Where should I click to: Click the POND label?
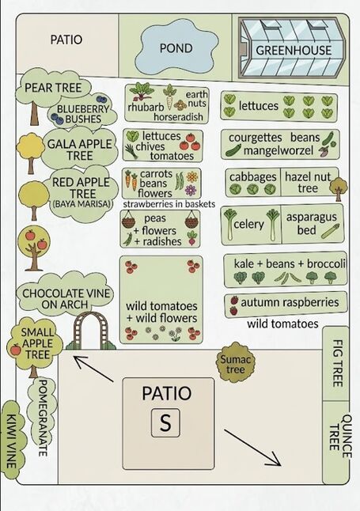point(176,48)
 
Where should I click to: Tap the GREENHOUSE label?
point(294,50)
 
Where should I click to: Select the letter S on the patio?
point(165,422)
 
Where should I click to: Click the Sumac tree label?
point(235,365)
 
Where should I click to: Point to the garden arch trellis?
point(91,330)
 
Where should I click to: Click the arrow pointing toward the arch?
point(93,369)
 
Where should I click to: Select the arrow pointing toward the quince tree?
point(252,448)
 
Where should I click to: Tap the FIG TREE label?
point(338,363)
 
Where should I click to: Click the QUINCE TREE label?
point(340,436)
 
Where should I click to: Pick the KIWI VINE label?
point(12,441)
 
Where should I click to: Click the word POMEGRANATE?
point(44,418)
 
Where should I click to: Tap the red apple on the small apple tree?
point(15,350)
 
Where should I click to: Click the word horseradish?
point(178,116)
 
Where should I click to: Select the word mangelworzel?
point(279,150)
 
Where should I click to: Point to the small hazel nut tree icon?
point(338,189)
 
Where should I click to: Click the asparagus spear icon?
point(330,231)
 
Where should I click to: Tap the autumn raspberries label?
point(290,302)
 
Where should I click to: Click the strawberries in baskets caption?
point(169,204)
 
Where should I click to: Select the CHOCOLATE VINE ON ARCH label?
point(66,298)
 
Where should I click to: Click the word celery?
point(248,224)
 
